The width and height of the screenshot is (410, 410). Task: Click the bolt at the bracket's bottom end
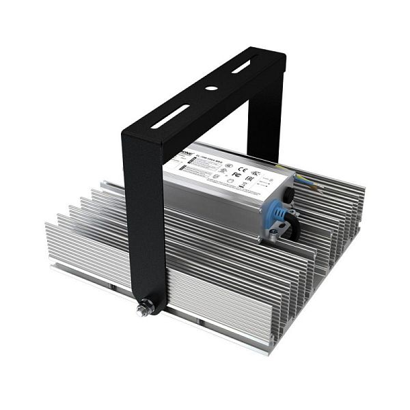(x=145, y=311)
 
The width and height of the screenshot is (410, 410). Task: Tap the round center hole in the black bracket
(x=212, y=88)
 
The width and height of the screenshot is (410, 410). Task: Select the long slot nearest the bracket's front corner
(x=171, y=116)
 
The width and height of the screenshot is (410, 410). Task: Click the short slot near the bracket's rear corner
(x=241, y=67)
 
